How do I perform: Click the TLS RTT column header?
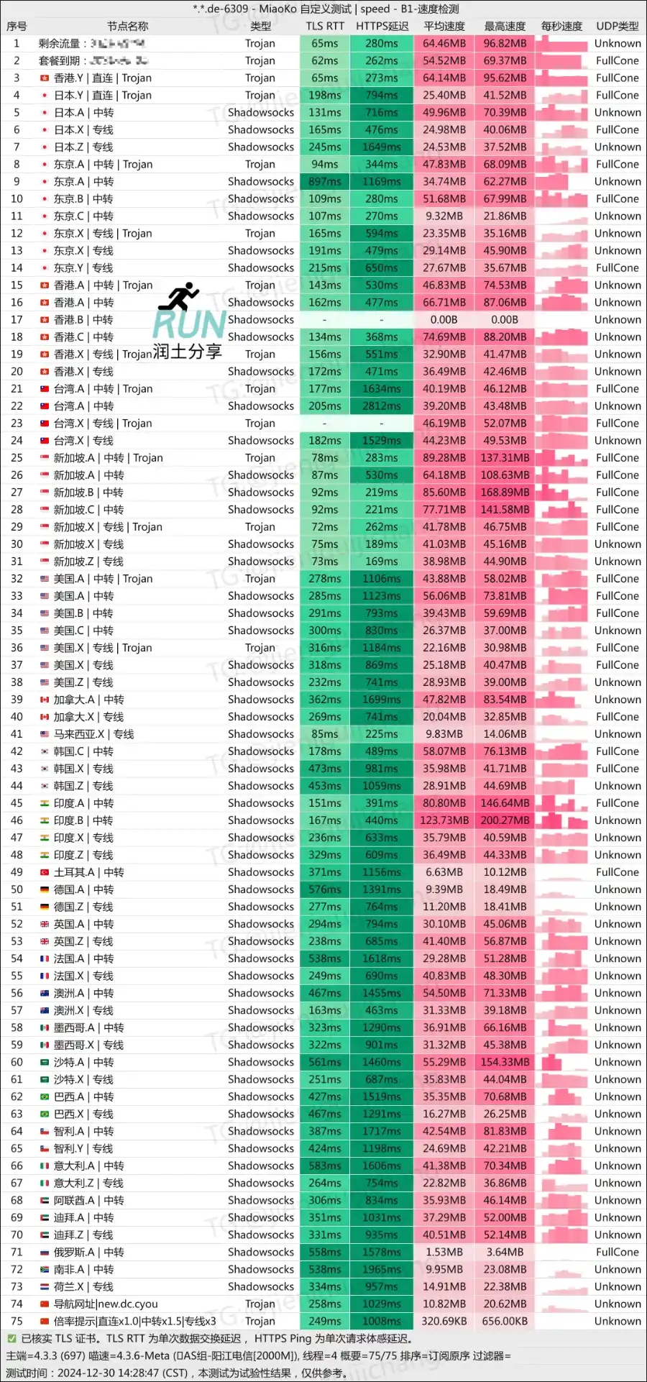(x=325, y=26)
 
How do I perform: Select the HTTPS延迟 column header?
(x=382, y=26)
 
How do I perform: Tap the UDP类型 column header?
(x=617, y=26)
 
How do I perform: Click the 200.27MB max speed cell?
(x=505, y=820)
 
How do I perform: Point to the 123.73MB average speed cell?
(x=444, y=820)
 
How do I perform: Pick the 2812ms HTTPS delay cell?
(x=382, y=406)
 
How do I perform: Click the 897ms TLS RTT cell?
(x=325, y=182)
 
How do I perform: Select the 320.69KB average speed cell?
(x=444, y=1321)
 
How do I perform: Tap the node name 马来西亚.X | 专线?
(x=93, y=734)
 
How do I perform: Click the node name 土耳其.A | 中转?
(x=88, y=872)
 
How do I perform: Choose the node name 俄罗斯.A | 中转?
(x=88, y=1252)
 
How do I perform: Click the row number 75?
(x=17, y=1321)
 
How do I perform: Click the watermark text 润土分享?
(x=187, y=352)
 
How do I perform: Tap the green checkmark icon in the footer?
(x=12, y=1338)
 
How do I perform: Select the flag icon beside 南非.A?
(x=45, y=1269)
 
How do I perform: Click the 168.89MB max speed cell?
(x=505, y=493)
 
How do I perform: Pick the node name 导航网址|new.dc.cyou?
(x=106, y=1304)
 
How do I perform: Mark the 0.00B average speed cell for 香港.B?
(x=444, y=320)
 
